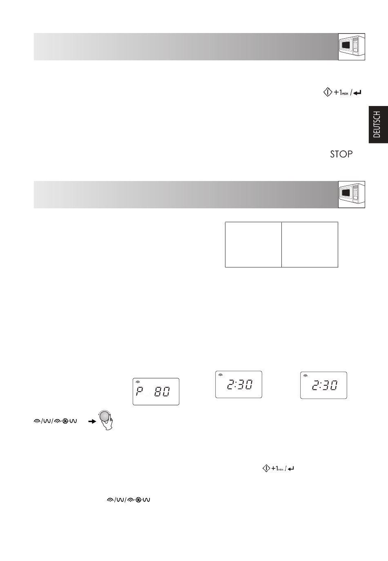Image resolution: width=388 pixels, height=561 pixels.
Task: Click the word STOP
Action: tap(341, 154)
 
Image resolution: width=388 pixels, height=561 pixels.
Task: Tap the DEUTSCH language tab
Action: tap(378, 124)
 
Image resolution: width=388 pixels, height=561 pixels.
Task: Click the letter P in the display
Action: tap(139, 392)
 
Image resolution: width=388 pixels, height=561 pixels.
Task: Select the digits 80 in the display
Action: tap(162, 392)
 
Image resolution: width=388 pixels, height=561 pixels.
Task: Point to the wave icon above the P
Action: tap(138, 382)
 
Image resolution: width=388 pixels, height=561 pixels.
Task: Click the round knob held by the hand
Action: tap(105, 417)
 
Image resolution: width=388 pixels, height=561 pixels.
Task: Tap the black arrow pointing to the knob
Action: tap(92, 422)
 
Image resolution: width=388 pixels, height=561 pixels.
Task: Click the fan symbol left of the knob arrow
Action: tap(65, 422)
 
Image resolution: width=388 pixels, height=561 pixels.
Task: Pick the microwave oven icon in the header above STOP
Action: tap(351, 46)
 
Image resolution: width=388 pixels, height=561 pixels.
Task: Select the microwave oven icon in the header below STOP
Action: tap(351, 194)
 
